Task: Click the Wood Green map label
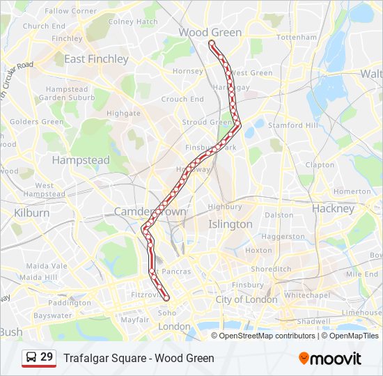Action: [210, 32]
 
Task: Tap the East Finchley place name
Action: [96, 59]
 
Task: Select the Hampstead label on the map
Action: [81, 160]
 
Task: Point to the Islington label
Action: [230, 224]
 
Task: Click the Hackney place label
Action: [333, 208]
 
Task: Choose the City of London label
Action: [246, 299]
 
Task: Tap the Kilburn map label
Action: [32, 212]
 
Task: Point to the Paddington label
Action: [70, 303]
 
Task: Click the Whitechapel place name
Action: [307, 295]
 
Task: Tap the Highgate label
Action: [123, 113]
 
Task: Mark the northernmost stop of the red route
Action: [212, 43]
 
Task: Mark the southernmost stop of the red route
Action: [166, 299]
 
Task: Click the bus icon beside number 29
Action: [31, 358]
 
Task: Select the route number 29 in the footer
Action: [47, 357]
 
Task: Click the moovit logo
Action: [330, 359]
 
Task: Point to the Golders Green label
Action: [36, 122]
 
